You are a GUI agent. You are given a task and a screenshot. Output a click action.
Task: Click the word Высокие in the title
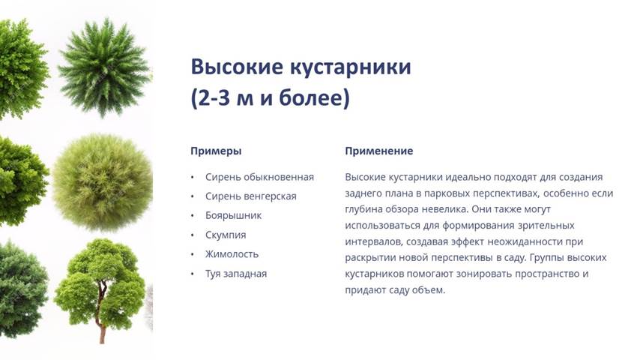[x=237, y=67]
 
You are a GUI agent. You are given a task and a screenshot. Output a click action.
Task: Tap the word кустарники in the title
[x=351, y=67]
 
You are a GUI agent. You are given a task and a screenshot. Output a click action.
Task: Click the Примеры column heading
[x=216, y=151]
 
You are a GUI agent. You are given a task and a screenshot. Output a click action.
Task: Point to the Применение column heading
[x=379, y=151]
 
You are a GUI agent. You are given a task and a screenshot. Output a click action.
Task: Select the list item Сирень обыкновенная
[x=259, y=177]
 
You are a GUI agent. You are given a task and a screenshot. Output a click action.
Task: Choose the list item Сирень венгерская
[x=250, y=196]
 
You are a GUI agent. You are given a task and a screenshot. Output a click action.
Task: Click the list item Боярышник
[x=233, y=215]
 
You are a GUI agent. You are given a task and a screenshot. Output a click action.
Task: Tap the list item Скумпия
[x=226, y=235]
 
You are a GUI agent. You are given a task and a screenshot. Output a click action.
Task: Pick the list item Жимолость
[x=232, y=254]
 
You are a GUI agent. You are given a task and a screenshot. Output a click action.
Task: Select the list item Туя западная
[x=236, y=274]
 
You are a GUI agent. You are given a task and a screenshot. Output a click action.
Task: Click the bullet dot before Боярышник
[x=193, y=216]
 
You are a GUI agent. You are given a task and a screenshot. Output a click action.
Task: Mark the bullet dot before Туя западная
[x=193, y=274]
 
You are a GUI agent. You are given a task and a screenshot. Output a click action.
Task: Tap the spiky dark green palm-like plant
[x=104, y=67]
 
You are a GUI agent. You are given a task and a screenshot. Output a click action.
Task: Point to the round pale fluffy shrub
[x=103, y=182]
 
